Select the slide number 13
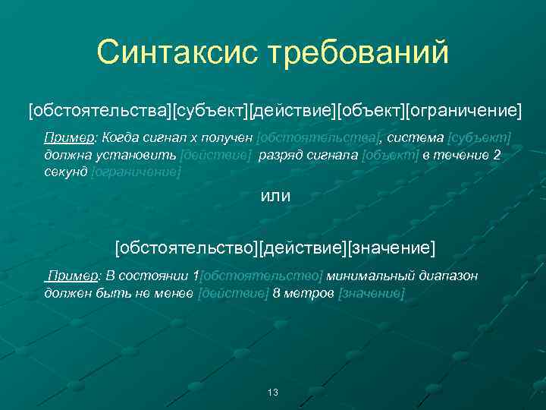point(273,392)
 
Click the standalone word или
point(275,196)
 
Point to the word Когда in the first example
point(119,137)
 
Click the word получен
point(226,137)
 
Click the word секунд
point(65,172)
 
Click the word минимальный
point(362,276)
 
